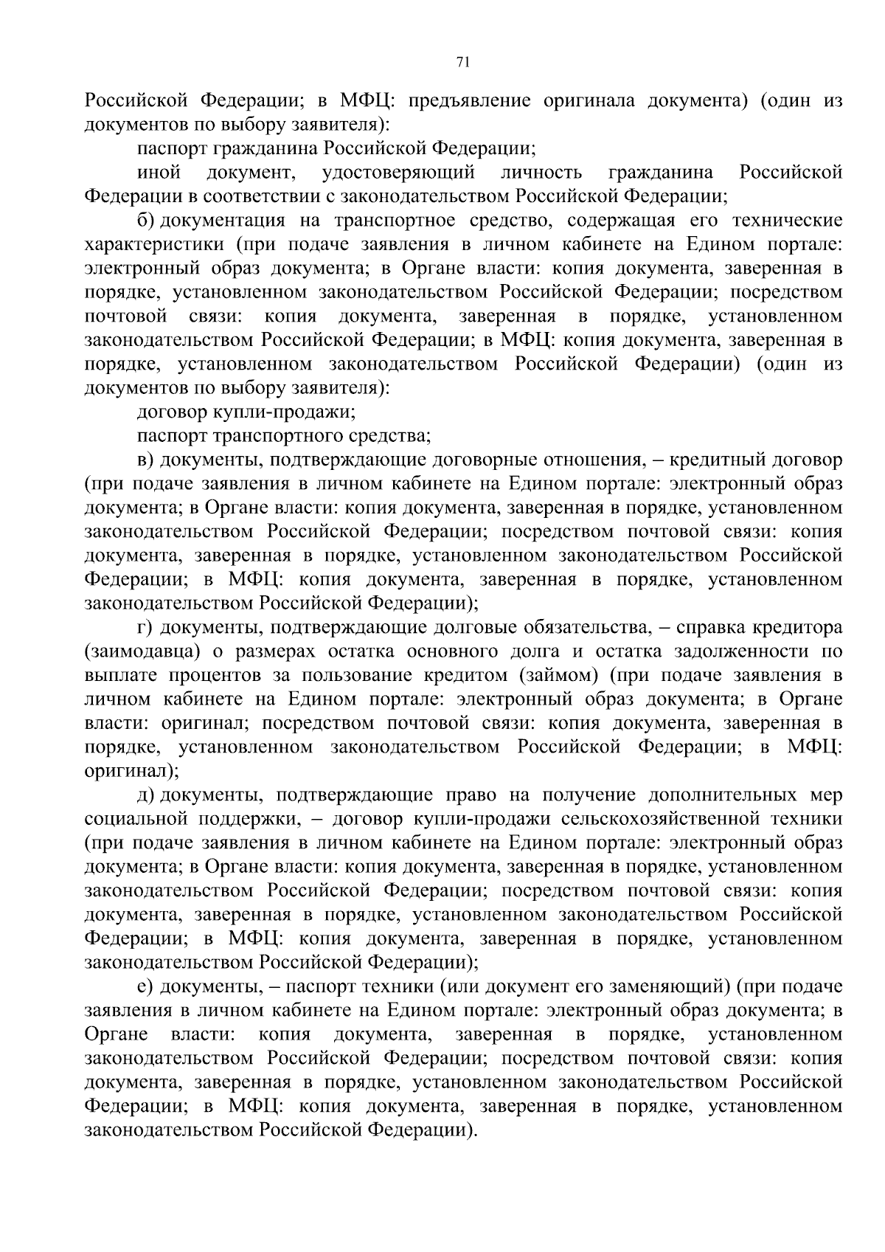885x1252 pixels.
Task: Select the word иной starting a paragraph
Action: click(159, 173)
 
